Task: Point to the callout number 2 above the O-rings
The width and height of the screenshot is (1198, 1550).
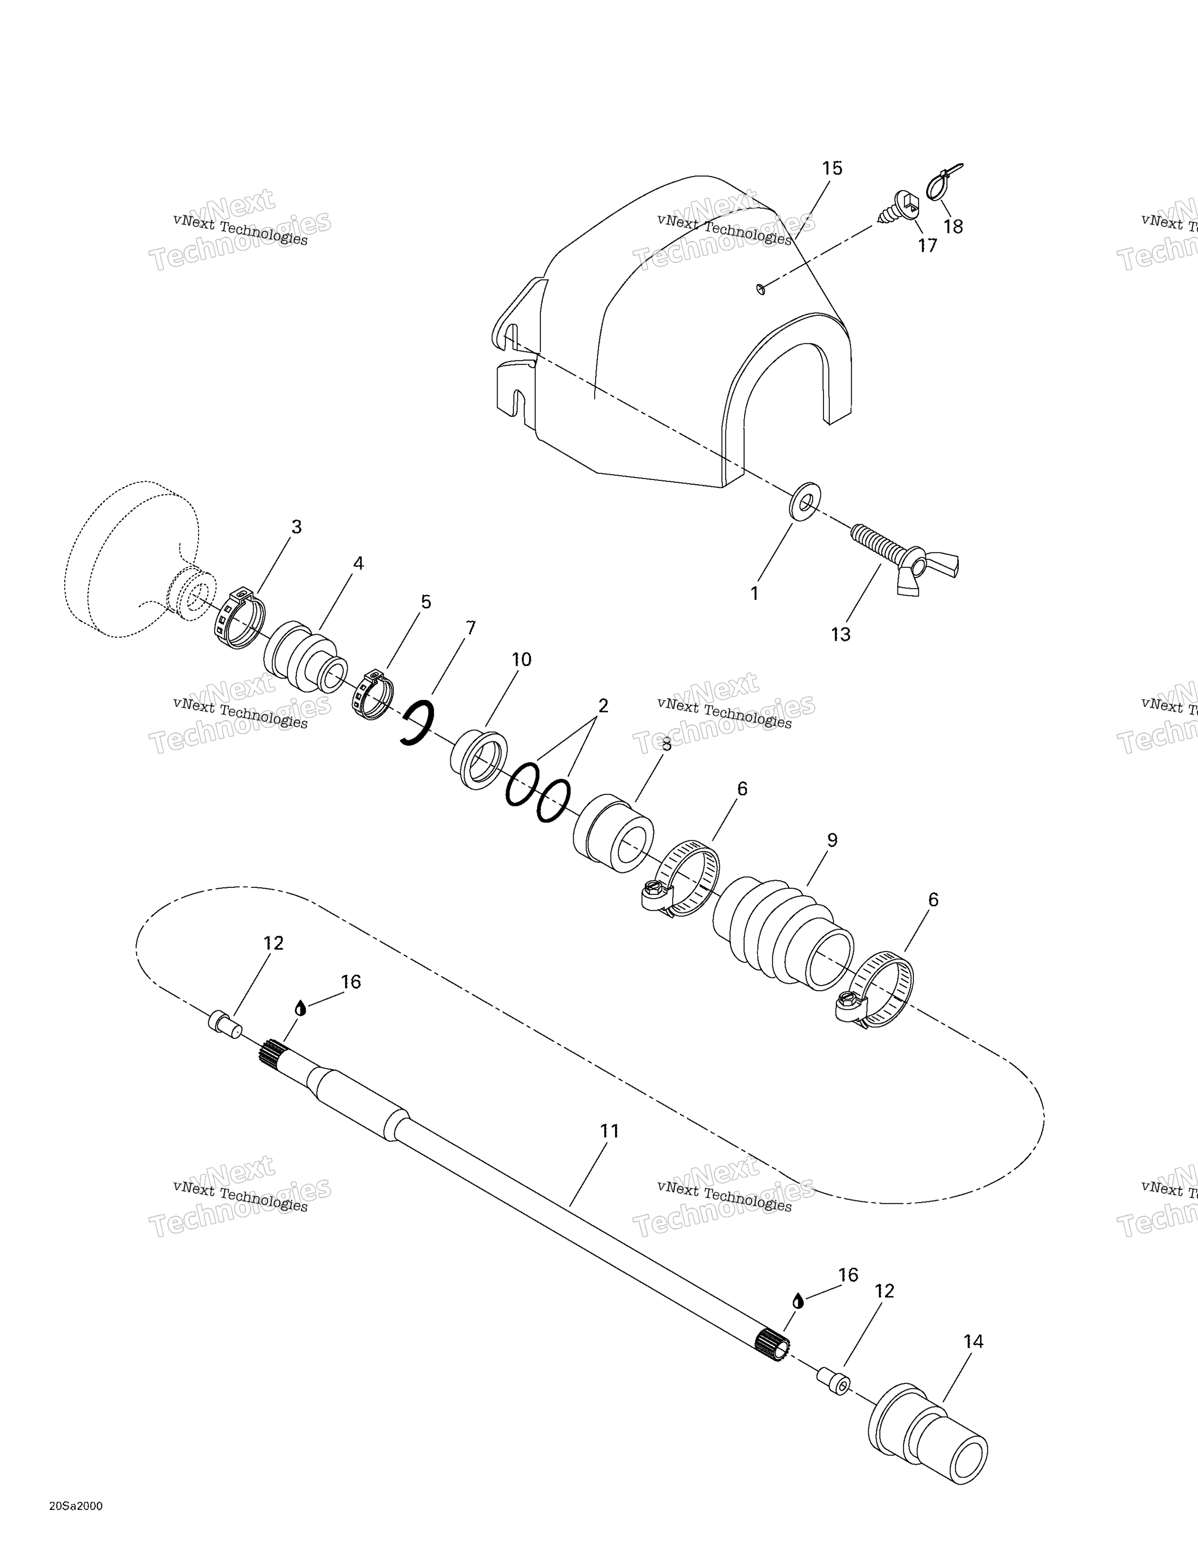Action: point(603,705)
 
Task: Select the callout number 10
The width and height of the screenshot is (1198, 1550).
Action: point(521,659)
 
